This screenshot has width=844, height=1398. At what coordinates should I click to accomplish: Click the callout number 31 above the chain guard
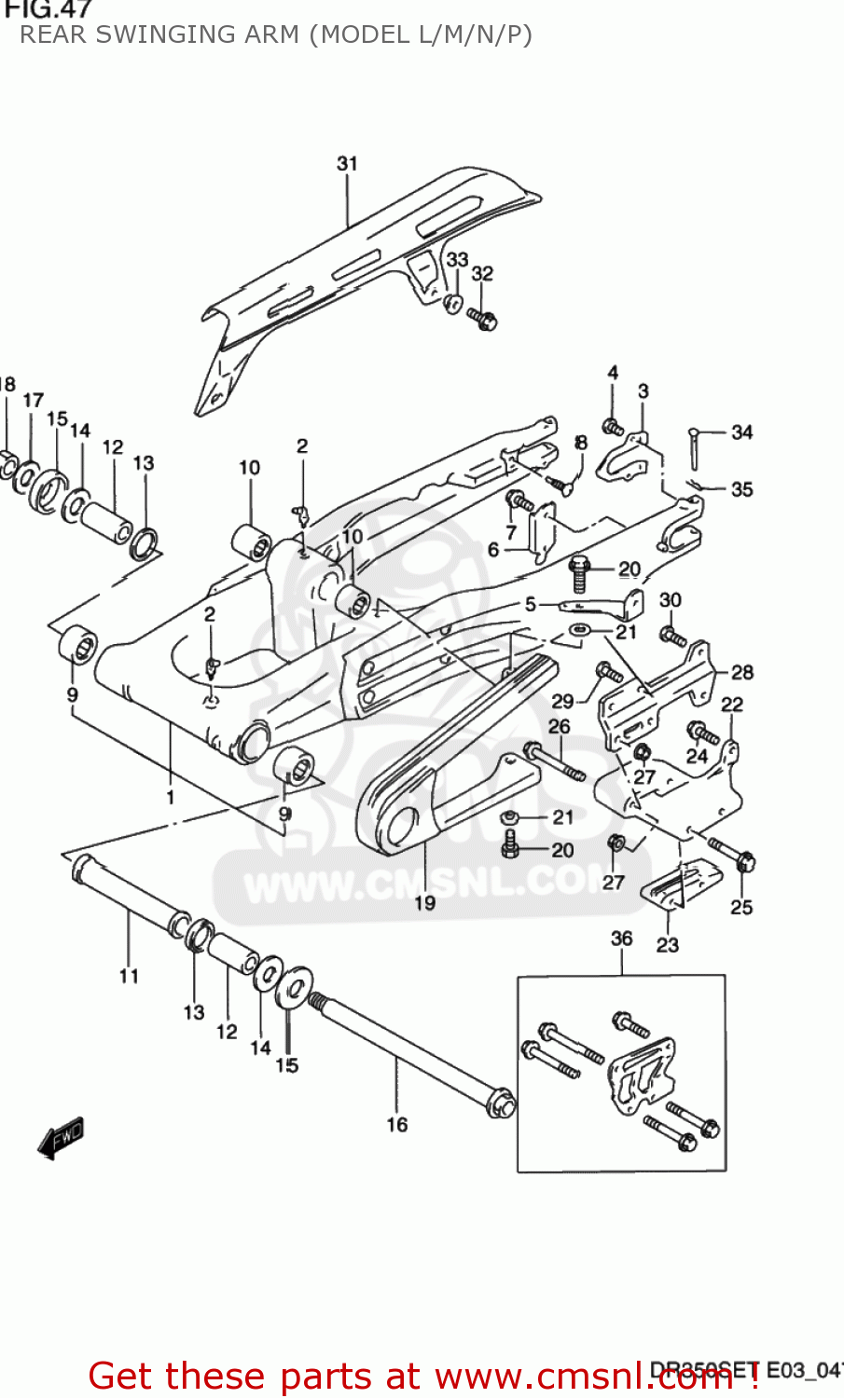click(347, 163)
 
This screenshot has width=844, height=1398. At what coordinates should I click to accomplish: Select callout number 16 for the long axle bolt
click(397, 1125)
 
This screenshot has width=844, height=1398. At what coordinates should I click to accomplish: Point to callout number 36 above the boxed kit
click(622, 939)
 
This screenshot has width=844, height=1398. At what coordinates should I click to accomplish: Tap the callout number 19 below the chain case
click(424, 902)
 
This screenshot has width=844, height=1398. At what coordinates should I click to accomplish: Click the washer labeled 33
click(453, 303)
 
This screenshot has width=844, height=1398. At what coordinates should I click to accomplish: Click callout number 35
click(741, 489)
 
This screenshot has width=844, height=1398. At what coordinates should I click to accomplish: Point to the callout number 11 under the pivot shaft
click(129, 976)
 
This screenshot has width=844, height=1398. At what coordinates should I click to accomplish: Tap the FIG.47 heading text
click(47, 9)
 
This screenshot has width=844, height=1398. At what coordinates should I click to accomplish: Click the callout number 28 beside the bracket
click(742, 672)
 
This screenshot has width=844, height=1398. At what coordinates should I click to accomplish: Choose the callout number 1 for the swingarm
click(171, 797)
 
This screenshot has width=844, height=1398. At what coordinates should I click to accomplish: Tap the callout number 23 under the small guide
click(668, 945)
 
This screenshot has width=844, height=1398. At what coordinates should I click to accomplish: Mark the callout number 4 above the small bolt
click(613, 373)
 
